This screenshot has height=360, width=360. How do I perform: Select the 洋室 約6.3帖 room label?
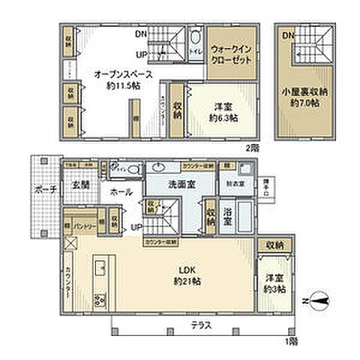223,112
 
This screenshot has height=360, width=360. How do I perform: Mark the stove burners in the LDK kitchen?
100,301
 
